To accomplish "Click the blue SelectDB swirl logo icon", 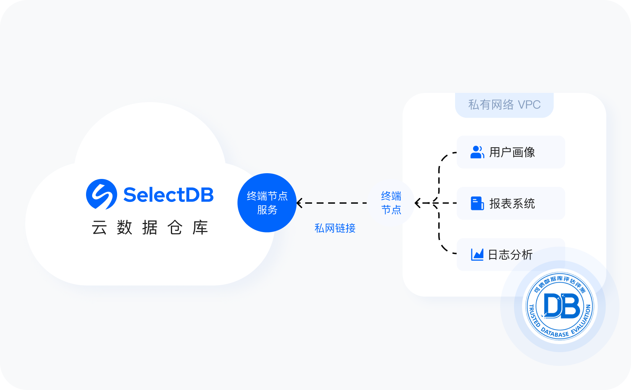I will pos(101,194).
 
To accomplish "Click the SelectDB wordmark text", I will pos(168,195).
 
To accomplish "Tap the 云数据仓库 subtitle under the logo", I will pos(150,228).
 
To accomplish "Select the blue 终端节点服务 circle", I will pos(267,203).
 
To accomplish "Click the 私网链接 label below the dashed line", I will pos(335,228).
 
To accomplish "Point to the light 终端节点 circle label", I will pos(391,203).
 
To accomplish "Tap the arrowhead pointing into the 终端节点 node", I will pos(418,203).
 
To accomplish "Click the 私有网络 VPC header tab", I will pos(504,105).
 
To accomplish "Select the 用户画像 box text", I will pos(512,152).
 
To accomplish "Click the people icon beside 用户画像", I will pos(477,152).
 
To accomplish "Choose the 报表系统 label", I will pos(512,203).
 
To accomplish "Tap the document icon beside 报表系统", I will pos(477,203).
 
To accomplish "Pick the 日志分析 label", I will pos(510,255).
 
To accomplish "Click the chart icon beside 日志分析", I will pos(477,255).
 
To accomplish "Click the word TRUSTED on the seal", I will pos(533,315).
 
